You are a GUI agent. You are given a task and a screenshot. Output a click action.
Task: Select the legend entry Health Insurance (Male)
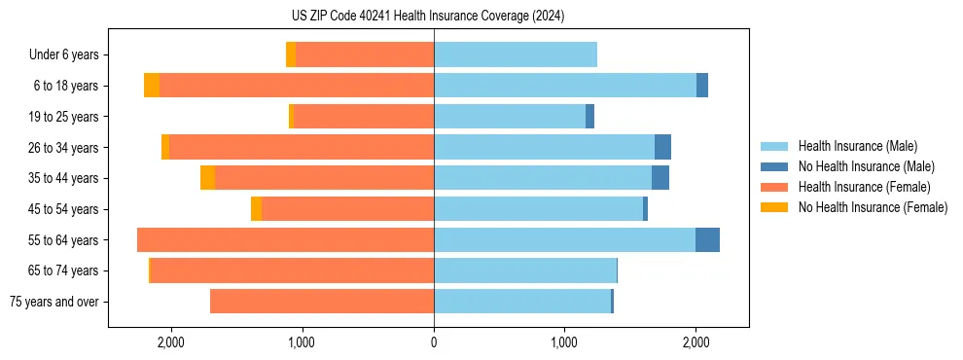857,146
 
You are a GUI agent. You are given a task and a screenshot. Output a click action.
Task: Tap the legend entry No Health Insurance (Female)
872,207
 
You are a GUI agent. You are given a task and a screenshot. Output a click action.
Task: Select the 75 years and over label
54,302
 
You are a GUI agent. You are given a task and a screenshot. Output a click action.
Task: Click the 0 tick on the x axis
434,342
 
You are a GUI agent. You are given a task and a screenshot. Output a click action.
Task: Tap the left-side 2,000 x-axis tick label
170,342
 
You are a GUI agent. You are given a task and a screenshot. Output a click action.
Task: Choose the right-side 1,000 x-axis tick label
565,342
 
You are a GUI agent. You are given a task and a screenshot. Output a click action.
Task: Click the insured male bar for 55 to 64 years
564,240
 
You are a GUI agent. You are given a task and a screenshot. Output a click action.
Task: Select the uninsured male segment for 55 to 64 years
707,240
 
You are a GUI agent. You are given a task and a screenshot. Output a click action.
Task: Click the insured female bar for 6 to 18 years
297,86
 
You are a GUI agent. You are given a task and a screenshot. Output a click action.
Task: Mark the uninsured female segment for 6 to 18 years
152,86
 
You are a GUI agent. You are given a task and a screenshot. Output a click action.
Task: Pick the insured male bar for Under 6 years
516,55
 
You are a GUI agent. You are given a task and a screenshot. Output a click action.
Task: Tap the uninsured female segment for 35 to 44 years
208,178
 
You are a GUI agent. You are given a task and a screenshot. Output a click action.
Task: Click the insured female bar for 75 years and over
322,302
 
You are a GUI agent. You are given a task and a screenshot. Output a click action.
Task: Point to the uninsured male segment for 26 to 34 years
662,148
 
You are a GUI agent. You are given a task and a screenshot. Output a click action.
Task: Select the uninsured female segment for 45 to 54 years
256,209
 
